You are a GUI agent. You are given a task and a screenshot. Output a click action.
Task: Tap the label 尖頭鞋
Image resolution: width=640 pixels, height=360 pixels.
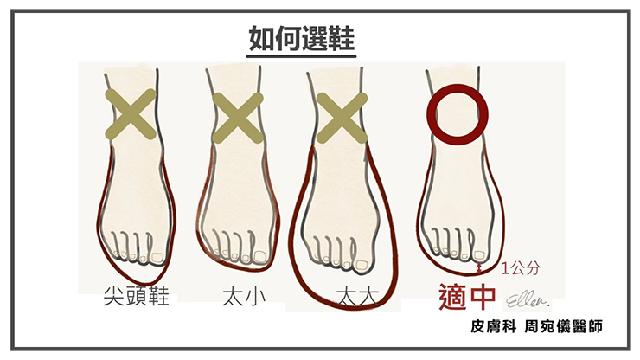137,296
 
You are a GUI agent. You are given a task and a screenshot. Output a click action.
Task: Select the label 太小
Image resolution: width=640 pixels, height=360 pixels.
244,297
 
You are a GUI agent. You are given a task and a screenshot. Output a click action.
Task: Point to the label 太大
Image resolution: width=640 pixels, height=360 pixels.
358,297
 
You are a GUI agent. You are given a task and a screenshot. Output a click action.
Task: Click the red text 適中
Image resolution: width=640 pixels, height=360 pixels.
467,297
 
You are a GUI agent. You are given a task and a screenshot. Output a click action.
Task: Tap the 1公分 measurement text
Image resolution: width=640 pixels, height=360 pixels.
521,268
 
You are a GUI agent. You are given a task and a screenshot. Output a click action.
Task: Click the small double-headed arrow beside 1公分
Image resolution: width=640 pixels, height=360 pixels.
480,267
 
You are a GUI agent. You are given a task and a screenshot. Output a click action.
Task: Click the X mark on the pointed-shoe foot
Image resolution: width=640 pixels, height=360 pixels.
131,115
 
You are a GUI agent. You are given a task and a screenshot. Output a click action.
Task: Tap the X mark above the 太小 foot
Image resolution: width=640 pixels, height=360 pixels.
238,118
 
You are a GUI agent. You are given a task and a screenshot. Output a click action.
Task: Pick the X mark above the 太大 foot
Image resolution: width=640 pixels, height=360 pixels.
342,118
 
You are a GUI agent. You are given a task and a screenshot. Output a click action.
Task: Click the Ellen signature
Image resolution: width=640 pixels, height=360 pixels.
528,300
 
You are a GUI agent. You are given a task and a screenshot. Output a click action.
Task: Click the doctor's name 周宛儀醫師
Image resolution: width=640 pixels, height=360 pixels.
563,326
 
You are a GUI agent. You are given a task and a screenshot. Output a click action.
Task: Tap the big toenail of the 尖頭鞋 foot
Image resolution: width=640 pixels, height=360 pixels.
158,257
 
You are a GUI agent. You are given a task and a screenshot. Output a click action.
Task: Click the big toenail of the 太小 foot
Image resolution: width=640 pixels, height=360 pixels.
260,257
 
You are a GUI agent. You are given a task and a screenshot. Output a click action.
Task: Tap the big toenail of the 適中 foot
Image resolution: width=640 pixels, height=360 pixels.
480,255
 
